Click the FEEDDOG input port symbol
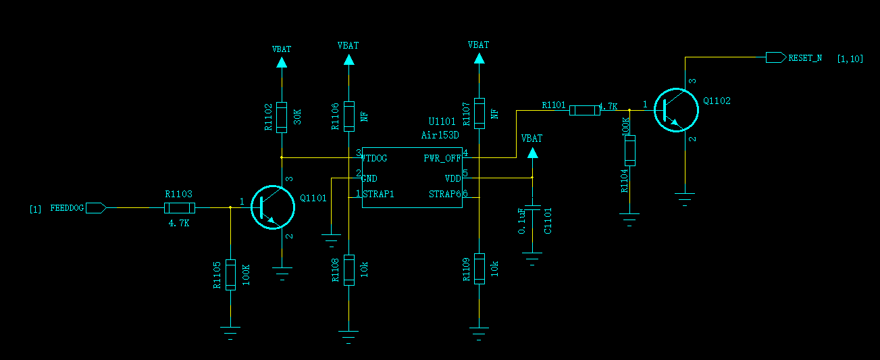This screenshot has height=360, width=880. (x=96, y=208)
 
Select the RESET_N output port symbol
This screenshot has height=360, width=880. (x=776, y=57)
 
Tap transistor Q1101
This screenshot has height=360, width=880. (x=273, y=207)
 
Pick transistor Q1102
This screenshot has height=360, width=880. (x=676, y=110)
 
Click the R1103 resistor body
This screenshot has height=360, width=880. (x=180, y=208)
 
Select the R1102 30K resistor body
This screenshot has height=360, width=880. (x=282, y=118)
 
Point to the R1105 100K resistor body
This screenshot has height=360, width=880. (x=230, y=275)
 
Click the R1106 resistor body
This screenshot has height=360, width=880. (x=349, y=116)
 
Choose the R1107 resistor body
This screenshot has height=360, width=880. (x=480, y=113)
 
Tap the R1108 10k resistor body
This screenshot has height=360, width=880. (x=349, y=270)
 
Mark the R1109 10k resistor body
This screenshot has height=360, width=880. (x=480, y=269)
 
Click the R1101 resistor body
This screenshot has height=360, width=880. (x=585, y=111)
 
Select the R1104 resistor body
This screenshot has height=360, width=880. (x=629, y=151)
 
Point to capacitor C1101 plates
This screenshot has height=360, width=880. (x=533, y=207)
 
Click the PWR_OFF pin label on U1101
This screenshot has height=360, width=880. (x=442, y=158)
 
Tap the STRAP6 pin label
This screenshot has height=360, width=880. (x=444, y=194)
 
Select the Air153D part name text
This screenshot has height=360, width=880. (x=440, y=135)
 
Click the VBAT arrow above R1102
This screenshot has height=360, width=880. (x=282, y=62)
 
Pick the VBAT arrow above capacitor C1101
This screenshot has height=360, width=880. (x=533, y=153)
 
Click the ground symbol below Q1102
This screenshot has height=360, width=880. (x=685, y=199)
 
